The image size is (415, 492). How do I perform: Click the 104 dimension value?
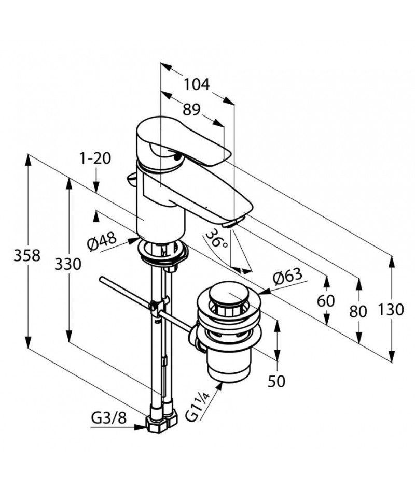tap(197, 84)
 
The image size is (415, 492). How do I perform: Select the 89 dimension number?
tap(191, 109)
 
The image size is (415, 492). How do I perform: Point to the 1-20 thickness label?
tap(95, 158)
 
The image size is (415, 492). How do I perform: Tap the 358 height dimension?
tap(27, 256)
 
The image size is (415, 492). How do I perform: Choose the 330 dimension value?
tap(68, 264)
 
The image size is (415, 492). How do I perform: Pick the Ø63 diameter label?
tap(287, 277)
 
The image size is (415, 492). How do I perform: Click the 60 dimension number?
tap(326, 301)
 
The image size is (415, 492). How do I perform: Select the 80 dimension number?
tap(358, 312)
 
